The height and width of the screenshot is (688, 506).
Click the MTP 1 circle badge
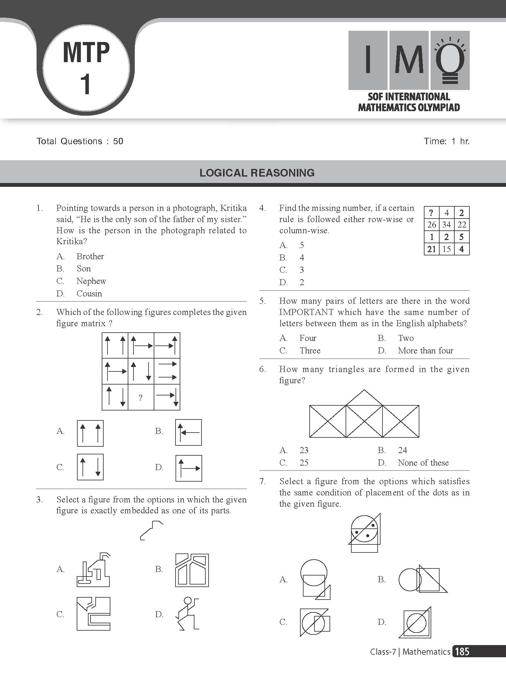point(86,68)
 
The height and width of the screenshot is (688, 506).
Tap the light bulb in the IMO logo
point(450,61)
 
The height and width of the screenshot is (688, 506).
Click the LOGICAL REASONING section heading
point(257,173)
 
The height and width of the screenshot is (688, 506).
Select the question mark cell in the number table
point(431,213)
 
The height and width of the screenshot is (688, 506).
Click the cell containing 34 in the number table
point(446,225)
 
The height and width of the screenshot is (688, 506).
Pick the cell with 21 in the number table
point(432,249)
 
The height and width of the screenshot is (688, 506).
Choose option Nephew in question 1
point(91,281)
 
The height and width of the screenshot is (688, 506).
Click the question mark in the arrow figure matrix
point(141,398)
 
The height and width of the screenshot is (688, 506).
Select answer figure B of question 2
point(188,432)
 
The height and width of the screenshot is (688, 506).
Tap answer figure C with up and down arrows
point(90,467)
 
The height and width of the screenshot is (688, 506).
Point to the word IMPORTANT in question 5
point(306,312)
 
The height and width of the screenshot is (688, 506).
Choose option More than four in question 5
point(425,351)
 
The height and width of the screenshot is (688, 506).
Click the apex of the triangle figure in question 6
point(364,390)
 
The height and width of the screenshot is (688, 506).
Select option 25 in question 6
point(304,463)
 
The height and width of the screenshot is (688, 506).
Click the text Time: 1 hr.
point(446,141)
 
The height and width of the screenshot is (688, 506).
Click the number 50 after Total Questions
point(118,141)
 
